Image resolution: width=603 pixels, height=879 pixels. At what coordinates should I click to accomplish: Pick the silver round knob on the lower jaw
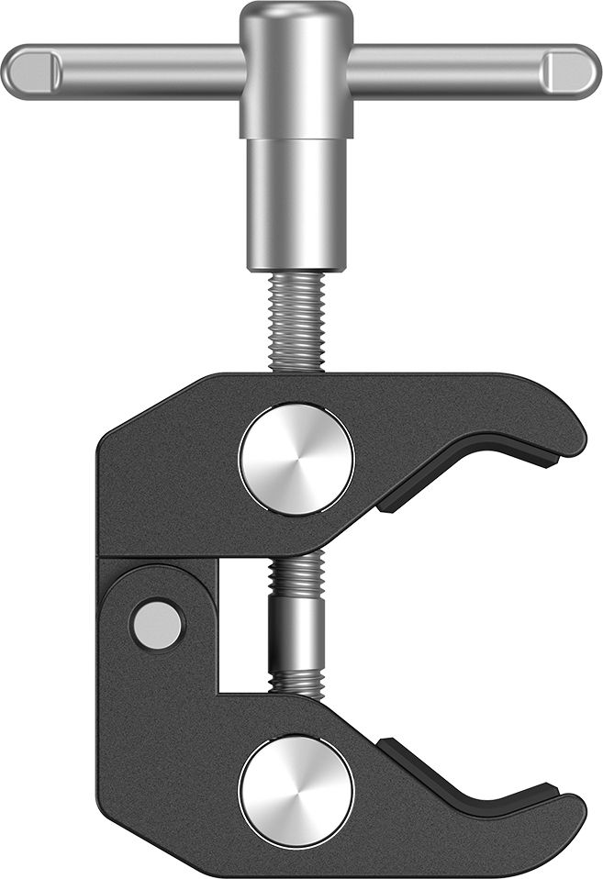(296, 792)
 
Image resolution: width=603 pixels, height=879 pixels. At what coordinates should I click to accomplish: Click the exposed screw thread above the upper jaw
(296, 321)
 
